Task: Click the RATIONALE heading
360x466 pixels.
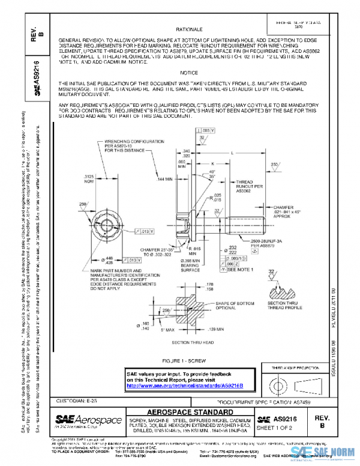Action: point(189,29)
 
